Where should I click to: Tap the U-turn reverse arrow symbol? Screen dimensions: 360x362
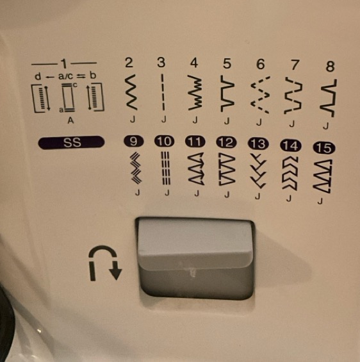(104, 263)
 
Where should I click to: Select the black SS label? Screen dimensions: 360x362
(71, 142)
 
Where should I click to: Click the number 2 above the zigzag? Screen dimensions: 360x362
(129, 63)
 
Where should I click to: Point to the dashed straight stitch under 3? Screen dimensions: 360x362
(163, 92)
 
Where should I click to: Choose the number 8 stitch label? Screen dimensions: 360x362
(330, 66)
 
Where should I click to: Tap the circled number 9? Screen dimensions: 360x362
(134, 141)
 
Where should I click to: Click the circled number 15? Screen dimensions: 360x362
(324, 148)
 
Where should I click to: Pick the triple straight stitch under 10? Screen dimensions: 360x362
(166, 168)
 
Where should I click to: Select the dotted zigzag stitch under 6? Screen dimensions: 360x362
(261, 95)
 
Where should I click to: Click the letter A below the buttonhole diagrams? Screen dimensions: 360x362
(70, 120)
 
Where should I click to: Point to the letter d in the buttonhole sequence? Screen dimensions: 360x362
(38, 76)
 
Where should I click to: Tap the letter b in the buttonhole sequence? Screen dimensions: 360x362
(93, 75)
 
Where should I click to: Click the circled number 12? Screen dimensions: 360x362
(226, 142)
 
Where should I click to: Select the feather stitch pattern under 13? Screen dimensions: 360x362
(258, 171)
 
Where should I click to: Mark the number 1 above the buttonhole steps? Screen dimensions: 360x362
(64, 63)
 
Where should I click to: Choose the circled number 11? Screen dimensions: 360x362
(195, 142)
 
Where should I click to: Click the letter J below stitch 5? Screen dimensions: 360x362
(227, 120)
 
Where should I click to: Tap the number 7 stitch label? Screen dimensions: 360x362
(294, 65)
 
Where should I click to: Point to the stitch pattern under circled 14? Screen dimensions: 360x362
(290, 174)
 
